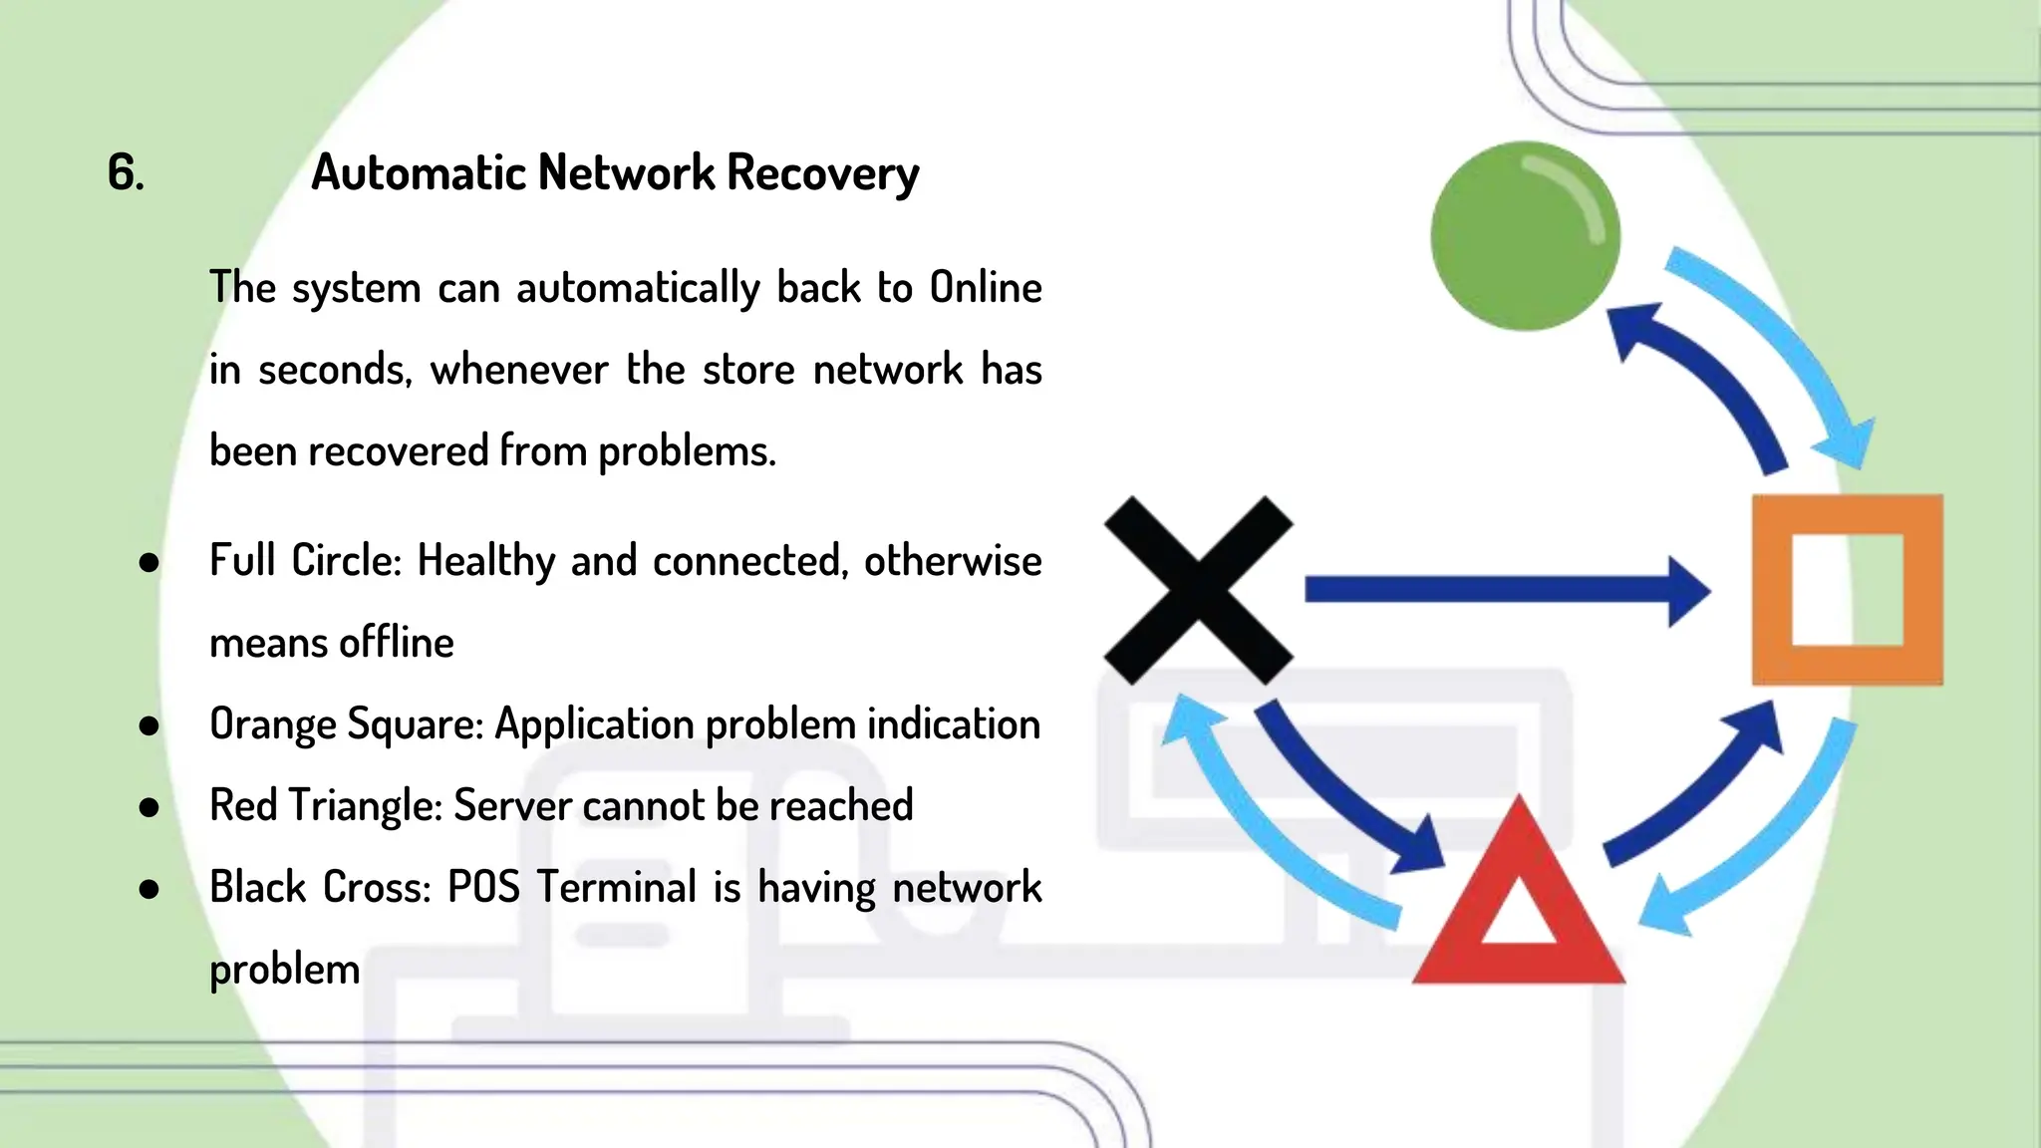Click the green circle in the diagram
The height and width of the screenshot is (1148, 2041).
(x=1525, y=235)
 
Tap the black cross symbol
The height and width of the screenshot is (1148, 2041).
(x=1198, y=590)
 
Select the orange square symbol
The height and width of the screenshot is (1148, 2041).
(x=1847, y=591)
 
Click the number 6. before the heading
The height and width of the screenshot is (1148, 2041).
(x=126, y=172)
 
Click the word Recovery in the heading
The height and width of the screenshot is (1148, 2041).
(x=822, y=172)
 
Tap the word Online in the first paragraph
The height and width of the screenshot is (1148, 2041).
(x=985, y=287)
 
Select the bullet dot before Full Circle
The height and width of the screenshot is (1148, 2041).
(x=149, y=562)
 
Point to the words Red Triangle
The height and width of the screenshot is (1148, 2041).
(x=326, y=805)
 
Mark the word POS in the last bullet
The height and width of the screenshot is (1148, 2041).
(x=483, y=887)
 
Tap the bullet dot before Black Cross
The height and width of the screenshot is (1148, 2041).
(x=149, y=888)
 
